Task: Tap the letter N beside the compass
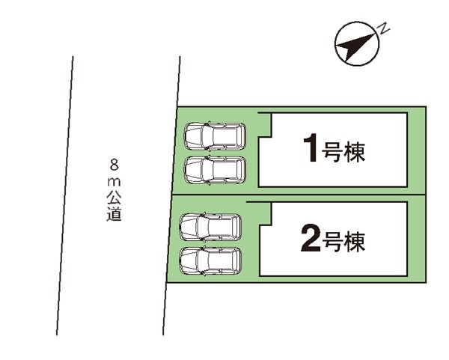[382, 29]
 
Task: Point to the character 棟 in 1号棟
[355, 153]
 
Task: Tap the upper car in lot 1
[215, 136]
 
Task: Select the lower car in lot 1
[215, 170]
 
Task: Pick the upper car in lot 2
[210, 227]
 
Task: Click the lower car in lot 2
[210, 260]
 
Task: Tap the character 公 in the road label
[113, 198]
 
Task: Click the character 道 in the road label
[113, 215]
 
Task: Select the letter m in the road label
[113, 181]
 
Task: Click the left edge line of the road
[64, 195]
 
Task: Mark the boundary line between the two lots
[299, 195]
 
